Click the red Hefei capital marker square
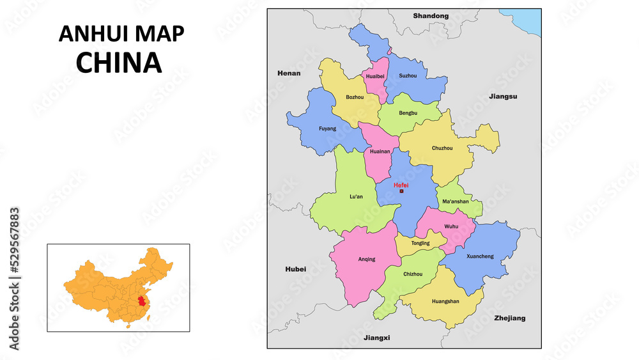click(401, 191)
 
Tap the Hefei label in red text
click(401, 185)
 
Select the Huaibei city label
click(375, 76)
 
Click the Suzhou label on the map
click(408, 75)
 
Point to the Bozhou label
click(355, 97)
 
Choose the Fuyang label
click(327, 129)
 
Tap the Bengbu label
click(408, 113)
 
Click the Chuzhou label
click(442, 148)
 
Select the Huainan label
click(380, 152)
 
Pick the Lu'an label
click(356, 196)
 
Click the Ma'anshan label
click(456, 201)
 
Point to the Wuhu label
click(452, 226)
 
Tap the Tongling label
click(420, 243)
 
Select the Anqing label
click(367, 259)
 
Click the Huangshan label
click(445, 301)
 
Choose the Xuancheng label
click(480, 256)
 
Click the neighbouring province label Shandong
click(431, 15)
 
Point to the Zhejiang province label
click(509, 318)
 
